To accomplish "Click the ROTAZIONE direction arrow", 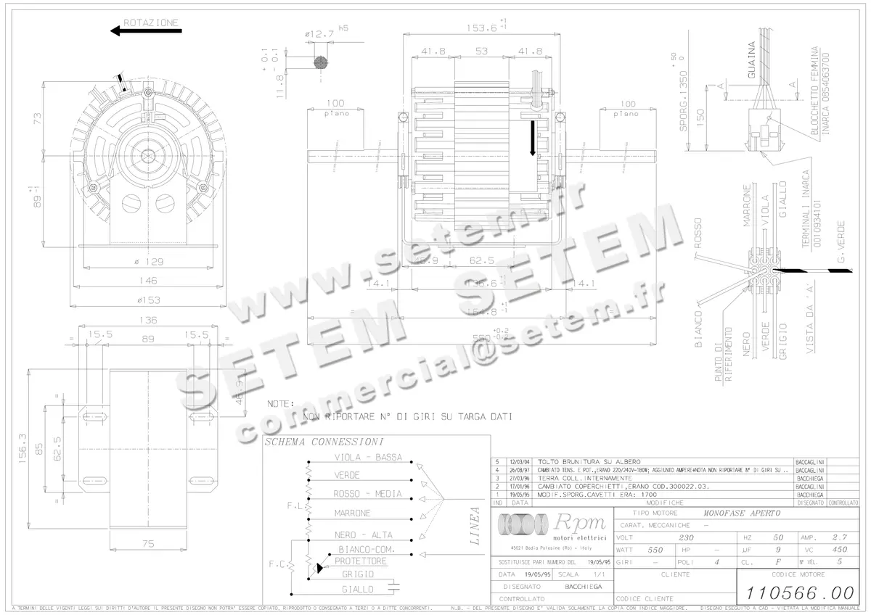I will pos(146,30).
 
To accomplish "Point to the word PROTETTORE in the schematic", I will pos(361,561).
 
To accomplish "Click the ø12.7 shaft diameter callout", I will pos(319,33).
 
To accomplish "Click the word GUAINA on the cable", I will pos(752,60).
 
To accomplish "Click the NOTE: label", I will pos(280,403).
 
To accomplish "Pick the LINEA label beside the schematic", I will pos(475,525).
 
